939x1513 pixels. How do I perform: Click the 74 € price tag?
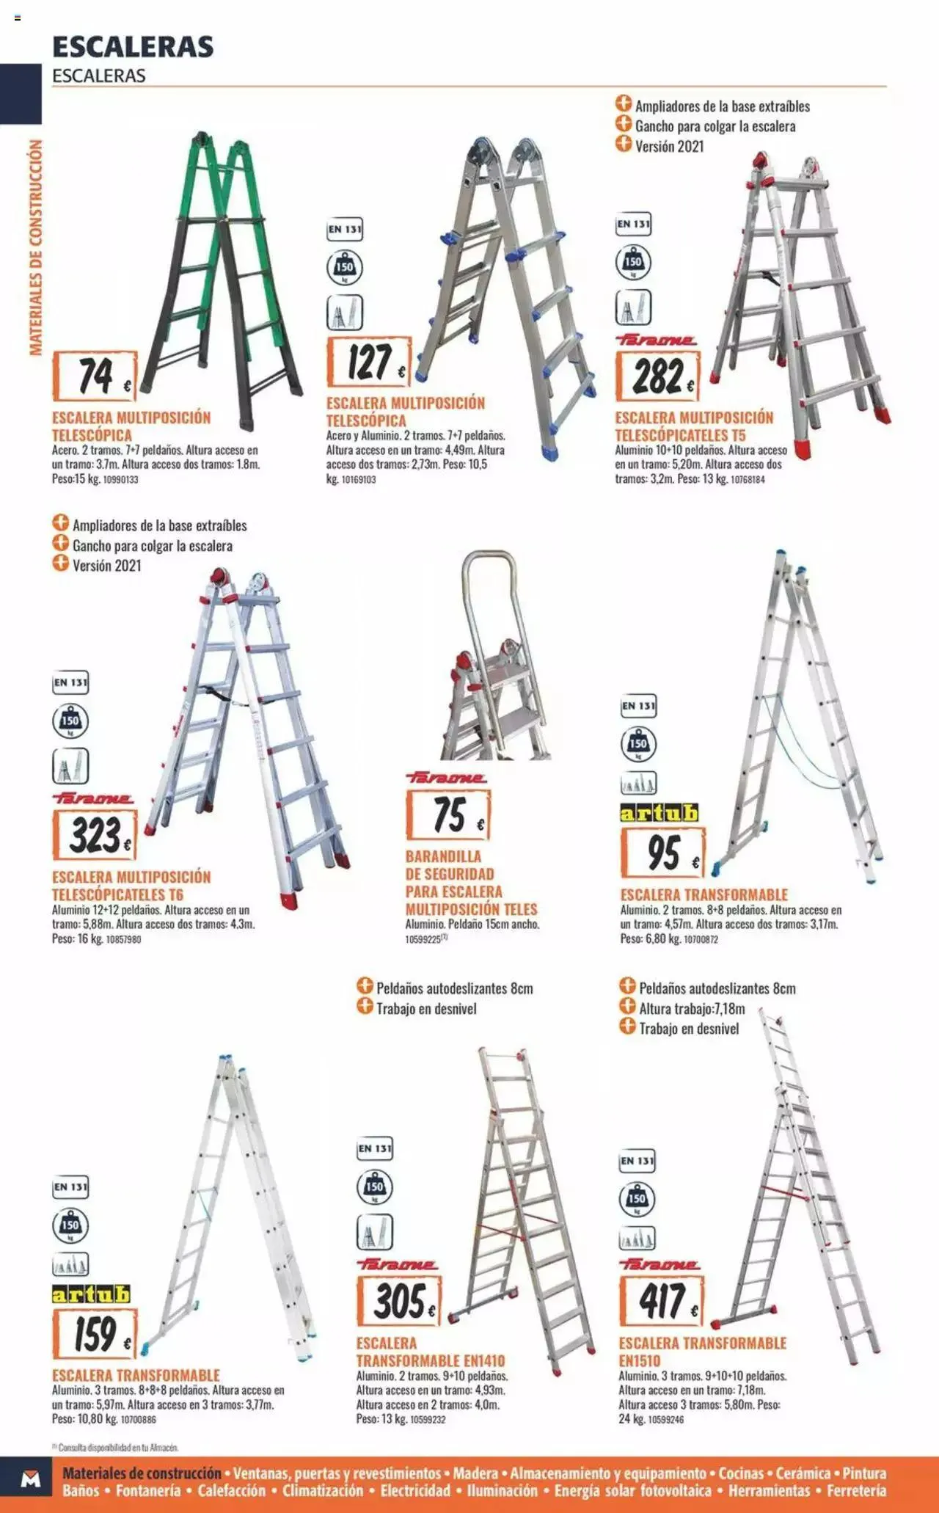point(95,376)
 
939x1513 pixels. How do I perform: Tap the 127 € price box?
point(369,362)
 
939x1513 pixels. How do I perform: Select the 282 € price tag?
point(658,376)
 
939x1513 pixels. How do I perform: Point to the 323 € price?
point(95,835)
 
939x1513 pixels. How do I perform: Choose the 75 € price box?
point(448,814)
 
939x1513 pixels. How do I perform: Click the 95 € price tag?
point(663,853)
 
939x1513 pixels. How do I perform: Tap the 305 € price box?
point(399,1300)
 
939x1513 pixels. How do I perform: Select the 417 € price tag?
point(662,1300)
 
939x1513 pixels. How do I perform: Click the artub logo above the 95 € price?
point(660,813)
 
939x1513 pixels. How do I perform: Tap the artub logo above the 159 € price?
point(91,1294)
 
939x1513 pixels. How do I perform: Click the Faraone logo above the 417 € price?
point(660,1264)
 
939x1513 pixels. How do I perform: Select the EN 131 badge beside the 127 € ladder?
point(345,230)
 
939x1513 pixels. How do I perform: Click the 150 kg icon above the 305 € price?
point(375,1186)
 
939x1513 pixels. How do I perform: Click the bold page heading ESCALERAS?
point(133,47)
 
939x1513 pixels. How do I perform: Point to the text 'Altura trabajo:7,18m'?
point(692,1008)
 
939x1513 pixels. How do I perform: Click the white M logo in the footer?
point(30,1479)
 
